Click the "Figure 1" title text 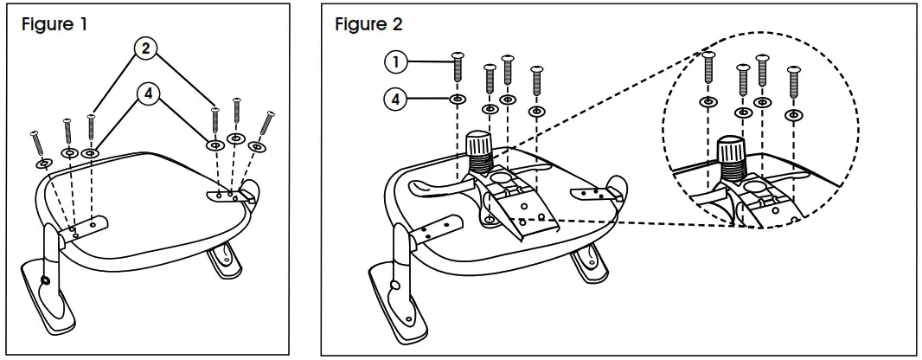click(54, 23)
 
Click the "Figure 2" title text click(368, 23)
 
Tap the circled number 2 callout click(145, 49)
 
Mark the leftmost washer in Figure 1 click(42, 163)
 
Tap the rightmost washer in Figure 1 click(255, 147)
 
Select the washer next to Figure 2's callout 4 click(458, 100)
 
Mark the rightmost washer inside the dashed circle click(793, 113)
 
